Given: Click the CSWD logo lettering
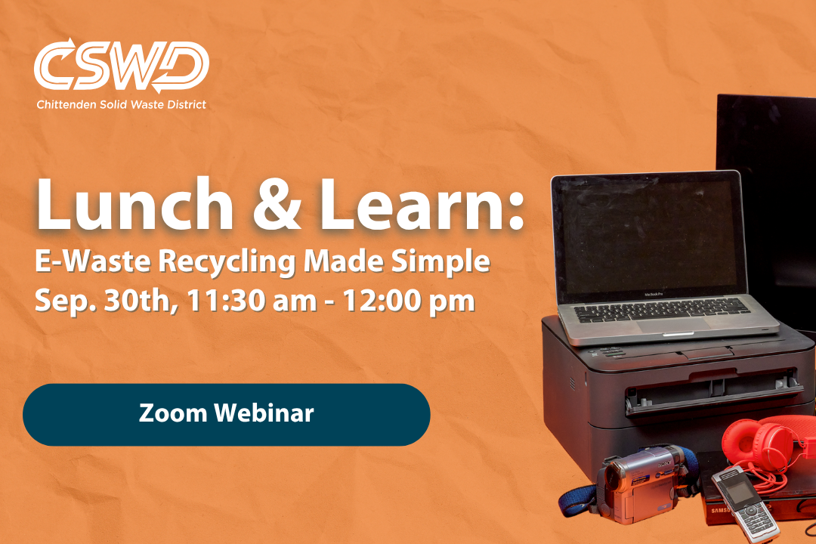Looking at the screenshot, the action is point(122,66).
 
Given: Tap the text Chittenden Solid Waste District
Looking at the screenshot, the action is point(121,104).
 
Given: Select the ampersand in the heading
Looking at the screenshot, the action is point(277,205).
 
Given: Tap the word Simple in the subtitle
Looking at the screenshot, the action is point(440,262).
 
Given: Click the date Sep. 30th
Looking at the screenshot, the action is point(103,301).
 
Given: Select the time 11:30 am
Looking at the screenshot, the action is point(252,301).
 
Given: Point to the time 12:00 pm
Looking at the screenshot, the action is point(409,301).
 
